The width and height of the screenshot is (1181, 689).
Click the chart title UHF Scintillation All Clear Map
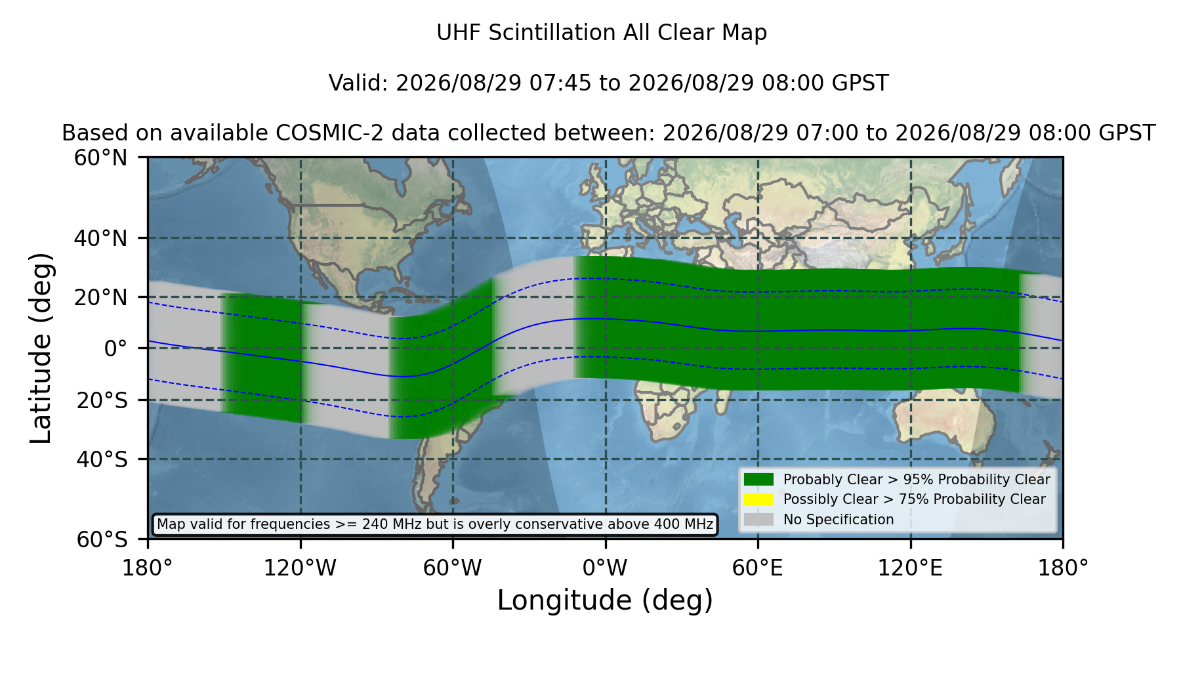pyautogui.click(x=602, y=33)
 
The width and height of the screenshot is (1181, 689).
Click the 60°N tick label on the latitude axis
pyautogui.click(x=101, y=158)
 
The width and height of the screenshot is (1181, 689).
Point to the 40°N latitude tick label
pyautogui.click(x=101, y=238)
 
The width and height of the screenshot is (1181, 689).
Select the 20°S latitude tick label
pyautogui.click(x=102, y=400)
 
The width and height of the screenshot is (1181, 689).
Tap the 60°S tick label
pyautogui.click(x=102, y=539)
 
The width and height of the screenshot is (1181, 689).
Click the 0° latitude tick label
pyautogui.click(x=115, y=348)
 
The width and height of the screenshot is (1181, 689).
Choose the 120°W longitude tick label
pyautogui.click(x=300, y=568)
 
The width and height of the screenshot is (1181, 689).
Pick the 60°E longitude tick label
pyautogui.click(x=758, y=568)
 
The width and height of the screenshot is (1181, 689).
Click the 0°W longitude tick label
pyautogui.click(x=605, y=568)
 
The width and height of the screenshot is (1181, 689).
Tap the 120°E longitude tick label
pyautogui.click(x=910, y=568)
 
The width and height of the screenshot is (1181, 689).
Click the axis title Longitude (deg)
pyautogui.click(x=605, y=600)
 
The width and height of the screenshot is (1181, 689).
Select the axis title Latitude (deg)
pyautogui.click(x=41, y=348)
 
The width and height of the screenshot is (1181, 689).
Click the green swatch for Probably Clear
pyautogui.click(x=759, y=480)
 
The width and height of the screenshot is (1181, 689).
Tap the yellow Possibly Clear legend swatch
pyautogui.click(x=759, y=499)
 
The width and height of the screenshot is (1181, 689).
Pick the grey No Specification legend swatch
pyautogui.click(x=759, y=520)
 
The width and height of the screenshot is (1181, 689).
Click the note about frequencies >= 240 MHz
pyautogui.click(x=435, y=524)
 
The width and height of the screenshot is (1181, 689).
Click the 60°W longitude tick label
pyautogui.click(x=453, y=568)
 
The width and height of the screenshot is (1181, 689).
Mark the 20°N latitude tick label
pyautogui.click(x=101, y=297)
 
